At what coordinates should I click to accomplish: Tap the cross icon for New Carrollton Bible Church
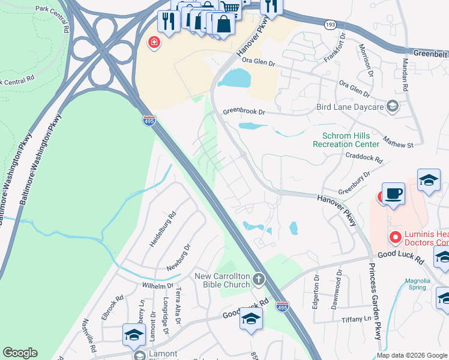tap(259, 278)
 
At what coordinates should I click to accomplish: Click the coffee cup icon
tap(393, 194)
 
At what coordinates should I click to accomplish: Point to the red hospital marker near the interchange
tap(154, 43)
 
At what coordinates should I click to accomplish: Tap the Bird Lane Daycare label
tap(349, 107)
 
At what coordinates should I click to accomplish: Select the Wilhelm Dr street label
tap(157, 286)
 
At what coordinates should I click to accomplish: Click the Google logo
tap(20, 353)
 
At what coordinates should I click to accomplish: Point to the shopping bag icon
tap(223, 25)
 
